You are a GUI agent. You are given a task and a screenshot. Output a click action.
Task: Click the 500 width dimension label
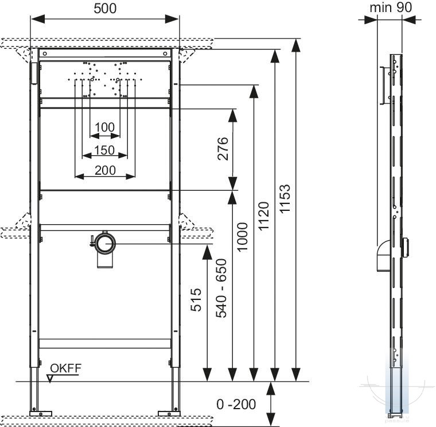tap(105, 9)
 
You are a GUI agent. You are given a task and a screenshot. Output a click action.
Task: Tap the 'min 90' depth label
tap(391, 7)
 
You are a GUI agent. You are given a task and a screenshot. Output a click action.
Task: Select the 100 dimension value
tap(104, 128)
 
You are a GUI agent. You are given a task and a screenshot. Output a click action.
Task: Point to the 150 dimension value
tap(104, 151)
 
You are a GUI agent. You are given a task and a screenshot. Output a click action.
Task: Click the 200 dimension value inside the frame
tap(105, 171)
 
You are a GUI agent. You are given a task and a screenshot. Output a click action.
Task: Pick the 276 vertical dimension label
tap(223, 148)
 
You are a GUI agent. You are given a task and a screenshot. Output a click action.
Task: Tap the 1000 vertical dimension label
tap(242, 237)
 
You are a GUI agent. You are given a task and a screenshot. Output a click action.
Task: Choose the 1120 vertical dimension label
tap(264, 216)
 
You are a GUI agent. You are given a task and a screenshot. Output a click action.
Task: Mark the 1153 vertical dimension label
tap(285, 199)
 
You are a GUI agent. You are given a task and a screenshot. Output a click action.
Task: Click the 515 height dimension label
tap(196, 300)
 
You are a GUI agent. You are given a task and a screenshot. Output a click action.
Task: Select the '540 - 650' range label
tap(221, 288)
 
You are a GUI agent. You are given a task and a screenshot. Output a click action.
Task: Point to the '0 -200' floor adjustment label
tap(236, 405)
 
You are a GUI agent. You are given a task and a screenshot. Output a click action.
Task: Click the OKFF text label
tap(65, 368)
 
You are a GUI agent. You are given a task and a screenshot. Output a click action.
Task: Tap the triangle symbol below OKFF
tap(50, 379)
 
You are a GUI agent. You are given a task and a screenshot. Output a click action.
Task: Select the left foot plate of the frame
tap(41, 413)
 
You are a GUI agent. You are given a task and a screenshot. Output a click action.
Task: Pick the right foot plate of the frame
tap(169, 413)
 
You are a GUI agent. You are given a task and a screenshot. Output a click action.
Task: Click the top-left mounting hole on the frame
tap(45, 53)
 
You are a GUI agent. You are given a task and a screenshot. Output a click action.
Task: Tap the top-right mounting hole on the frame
tap(165, 53)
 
